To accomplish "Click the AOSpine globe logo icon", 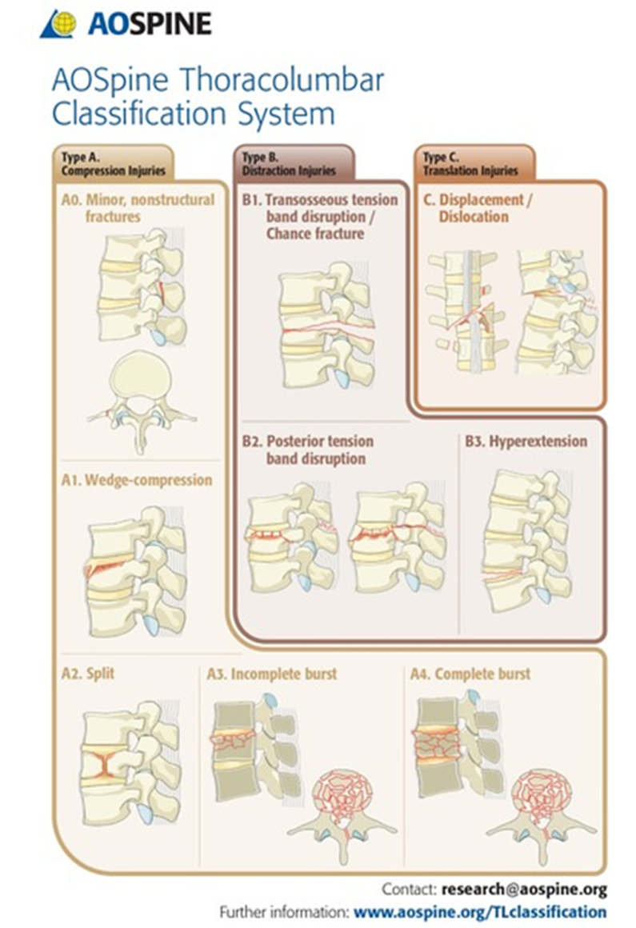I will [61, 23].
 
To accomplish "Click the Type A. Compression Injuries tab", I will [111, 163].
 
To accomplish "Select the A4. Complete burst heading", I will [470, 674].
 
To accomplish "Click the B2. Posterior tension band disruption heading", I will [308, 450].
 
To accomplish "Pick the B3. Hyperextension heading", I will [526, 441].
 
